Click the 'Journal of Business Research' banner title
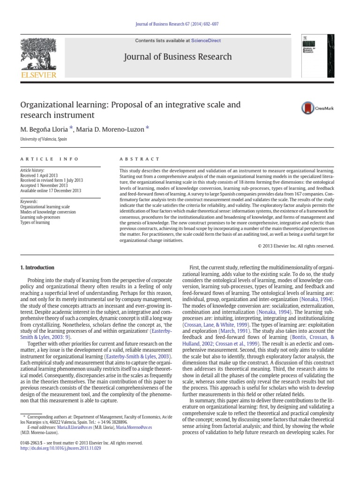point(177,57)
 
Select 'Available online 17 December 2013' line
point(51,191)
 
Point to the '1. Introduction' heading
point(37,268)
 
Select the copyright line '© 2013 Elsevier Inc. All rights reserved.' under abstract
point(296,246)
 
